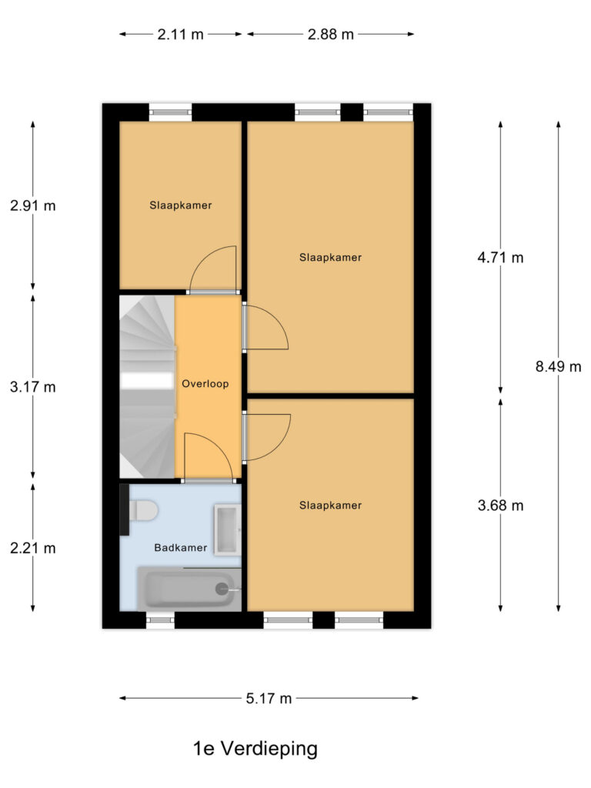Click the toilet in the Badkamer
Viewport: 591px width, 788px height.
[x=142, y=509]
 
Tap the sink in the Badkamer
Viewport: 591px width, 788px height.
[x=227, y=530]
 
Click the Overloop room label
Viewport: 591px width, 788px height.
[x=205, y=382]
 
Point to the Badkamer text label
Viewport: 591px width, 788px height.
[x=180, y=548]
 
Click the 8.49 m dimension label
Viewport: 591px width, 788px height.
[x=558, y=366]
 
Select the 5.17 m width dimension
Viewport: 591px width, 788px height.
[x=269, y=699]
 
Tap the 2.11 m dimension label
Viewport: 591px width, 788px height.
[x=181, y=34]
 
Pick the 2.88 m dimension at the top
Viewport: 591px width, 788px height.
[x=330, y=34]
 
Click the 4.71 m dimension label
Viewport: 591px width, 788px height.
[x=500, y=258]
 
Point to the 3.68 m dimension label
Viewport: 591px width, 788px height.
[x=500, y=506]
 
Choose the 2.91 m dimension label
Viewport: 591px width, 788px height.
[x=33, y=205]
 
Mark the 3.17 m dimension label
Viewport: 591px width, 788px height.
[x=33, y=387]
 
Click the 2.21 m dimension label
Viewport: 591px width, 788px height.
[x=33, y=549]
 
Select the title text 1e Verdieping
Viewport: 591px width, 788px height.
[x=255, y=748]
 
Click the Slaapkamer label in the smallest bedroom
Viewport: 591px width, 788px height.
[x=180, y=205]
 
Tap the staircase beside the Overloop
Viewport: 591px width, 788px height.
[x=146, y=385]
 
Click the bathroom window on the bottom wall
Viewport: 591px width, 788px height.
[x=160, y=619]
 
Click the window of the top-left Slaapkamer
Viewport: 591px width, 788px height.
[x=170, y=112]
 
